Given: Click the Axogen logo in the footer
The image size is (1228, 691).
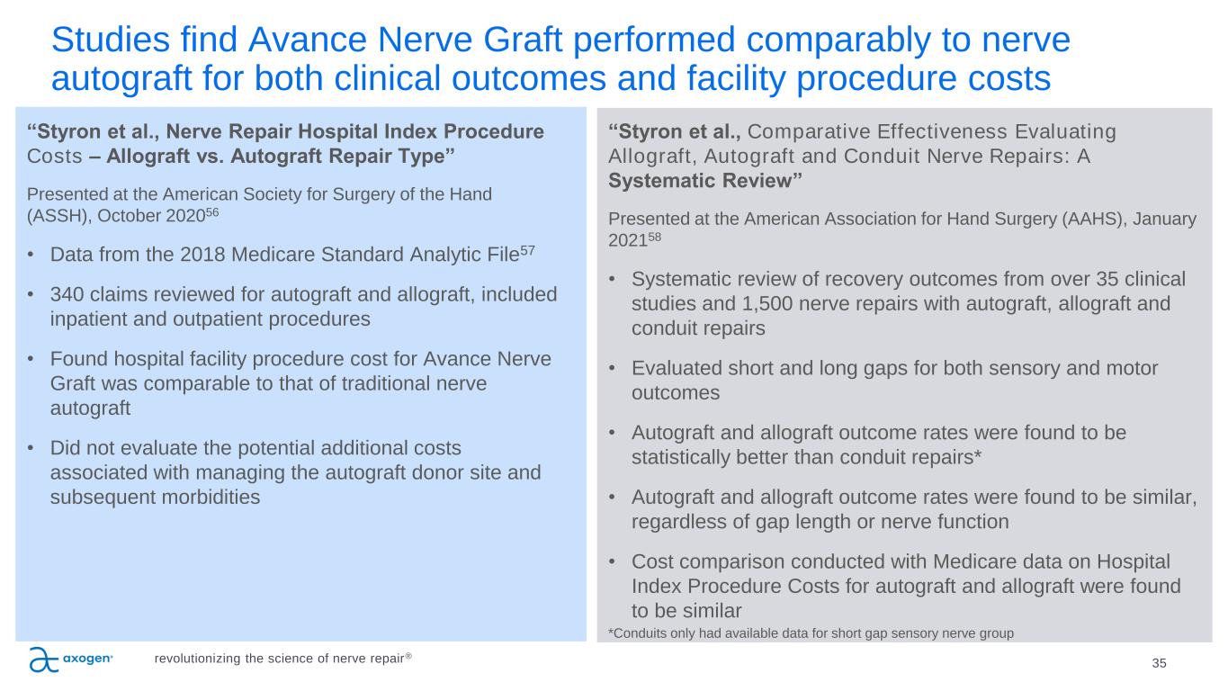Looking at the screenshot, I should (x=71, y=660).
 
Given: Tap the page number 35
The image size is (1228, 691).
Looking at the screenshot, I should (x=1159, y=663).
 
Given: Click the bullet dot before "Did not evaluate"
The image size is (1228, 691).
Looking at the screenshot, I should (x=32, y=448).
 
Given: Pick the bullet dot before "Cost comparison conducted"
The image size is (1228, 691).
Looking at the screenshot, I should (x=614, y=561).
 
